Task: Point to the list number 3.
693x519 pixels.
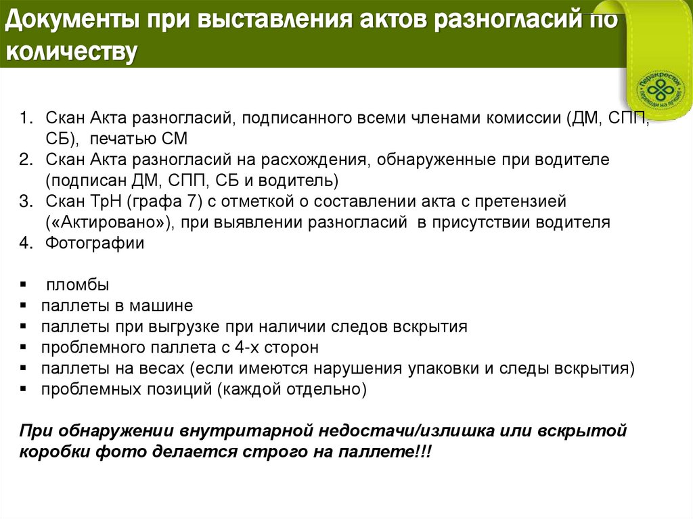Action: (x=25, y=201)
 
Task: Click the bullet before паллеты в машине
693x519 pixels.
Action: (x=24, y=306)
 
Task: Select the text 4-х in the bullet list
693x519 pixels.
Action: (x=238, y=348)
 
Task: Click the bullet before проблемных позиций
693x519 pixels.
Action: (x=24, y=390)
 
